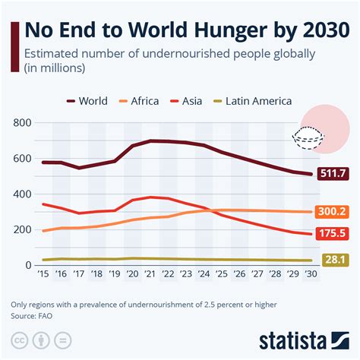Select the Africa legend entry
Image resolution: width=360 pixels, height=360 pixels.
(145, 101)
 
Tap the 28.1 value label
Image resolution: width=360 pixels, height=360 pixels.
(333, 261)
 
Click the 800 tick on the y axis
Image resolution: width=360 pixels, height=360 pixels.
(21, 123)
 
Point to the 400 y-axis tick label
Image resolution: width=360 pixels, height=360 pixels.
(21, 194)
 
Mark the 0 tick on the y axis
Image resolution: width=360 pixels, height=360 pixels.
(27, 265)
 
